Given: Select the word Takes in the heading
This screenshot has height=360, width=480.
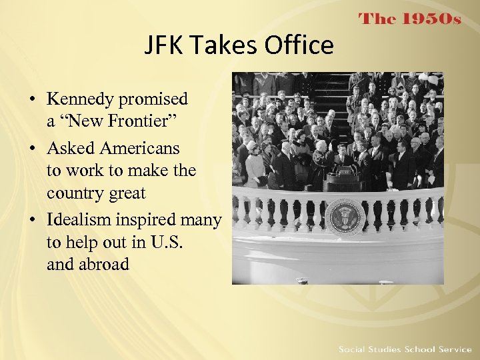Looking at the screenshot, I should (225, 45).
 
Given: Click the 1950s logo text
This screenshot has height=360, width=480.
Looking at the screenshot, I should (410, 19).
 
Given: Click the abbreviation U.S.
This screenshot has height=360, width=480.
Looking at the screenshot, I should (166, 241).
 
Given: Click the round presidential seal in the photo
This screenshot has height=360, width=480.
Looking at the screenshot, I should (344, 217).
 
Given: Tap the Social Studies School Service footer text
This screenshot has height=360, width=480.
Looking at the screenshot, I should (405, 349).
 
